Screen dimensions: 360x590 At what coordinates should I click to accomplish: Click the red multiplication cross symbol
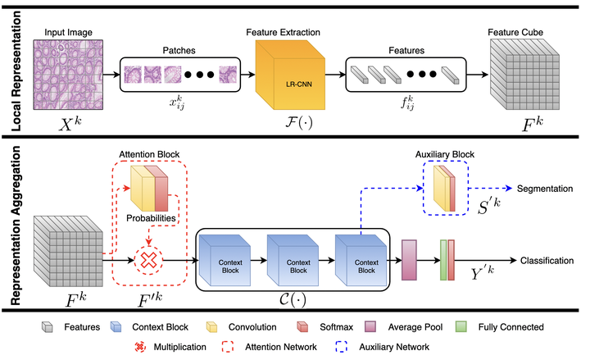coord(150,260)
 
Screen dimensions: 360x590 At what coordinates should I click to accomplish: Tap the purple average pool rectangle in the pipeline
coord(409,260)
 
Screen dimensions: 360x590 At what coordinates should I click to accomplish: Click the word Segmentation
coord(543,188)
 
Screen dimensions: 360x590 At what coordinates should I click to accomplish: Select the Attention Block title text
coord(150,153)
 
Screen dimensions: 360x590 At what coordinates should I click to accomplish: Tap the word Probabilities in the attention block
coord(150,219)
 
